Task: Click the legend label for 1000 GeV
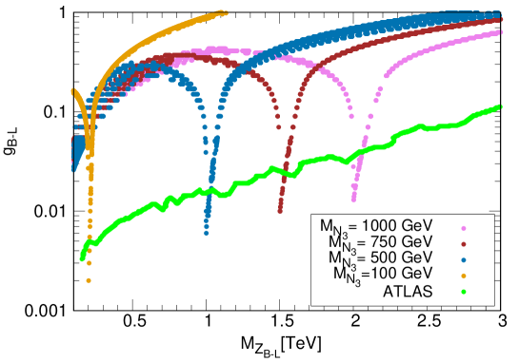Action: [x=376, y=226]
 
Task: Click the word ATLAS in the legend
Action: [x=408, y=291]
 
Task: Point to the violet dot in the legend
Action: [x=464, y=227]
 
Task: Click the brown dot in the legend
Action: [x=464, y=243]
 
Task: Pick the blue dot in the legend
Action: [x=464, y=259]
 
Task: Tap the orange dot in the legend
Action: [x=464, y=276]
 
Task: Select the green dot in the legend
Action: [x=464, y=292]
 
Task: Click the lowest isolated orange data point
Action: [x=89, y=280]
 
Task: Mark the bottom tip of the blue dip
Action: [x=207, y=233]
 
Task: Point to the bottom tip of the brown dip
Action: [x=280, y=211]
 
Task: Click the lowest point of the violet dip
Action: [x=353, y=198]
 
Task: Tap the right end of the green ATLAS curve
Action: [x=500, y=106]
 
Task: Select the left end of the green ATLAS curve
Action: [x=81, y=257]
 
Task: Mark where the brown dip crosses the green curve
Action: [x=283, y=171]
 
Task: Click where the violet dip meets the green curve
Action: [x=359, y=150]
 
